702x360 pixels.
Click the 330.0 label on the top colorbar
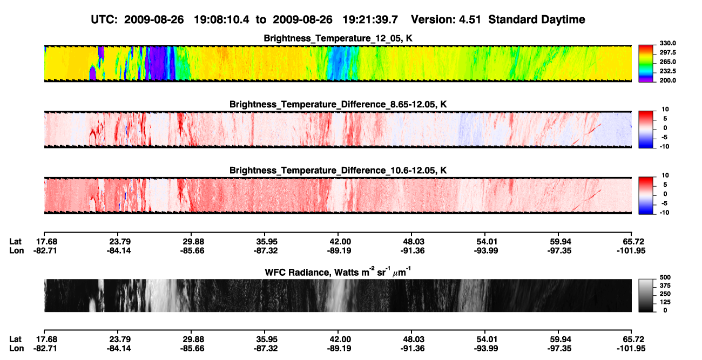click(667, 43)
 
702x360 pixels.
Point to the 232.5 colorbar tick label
click(667, 71)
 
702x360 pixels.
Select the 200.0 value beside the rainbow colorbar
click(667, 80)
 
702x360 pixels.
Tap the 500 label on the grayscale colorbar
click(665, 277)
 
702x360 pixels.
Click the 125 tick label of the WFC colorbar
click(665, 302)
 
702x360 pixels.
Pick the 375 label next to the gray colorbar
click(665, 286)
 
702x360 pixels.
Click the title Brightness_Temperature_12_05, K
click(338, 38)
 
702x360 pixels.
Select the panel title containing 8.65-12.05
click(338, 104)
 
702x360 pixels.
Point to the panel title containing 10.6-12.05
click(338, 171)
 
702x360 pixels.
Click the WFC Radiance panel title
click(338, 271)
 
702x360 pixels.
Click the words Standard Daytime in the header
click(537, 20)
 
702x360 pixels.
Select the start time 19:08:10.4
click(221, 19)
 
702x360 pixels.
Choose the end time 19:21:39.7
click(370, 19)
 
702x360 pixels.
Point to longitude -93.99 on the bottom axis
click(486, 349)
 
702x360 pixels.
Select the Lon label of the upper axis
click(17, 250)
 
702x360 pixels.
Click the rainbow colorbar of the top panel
click(646, 64)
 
